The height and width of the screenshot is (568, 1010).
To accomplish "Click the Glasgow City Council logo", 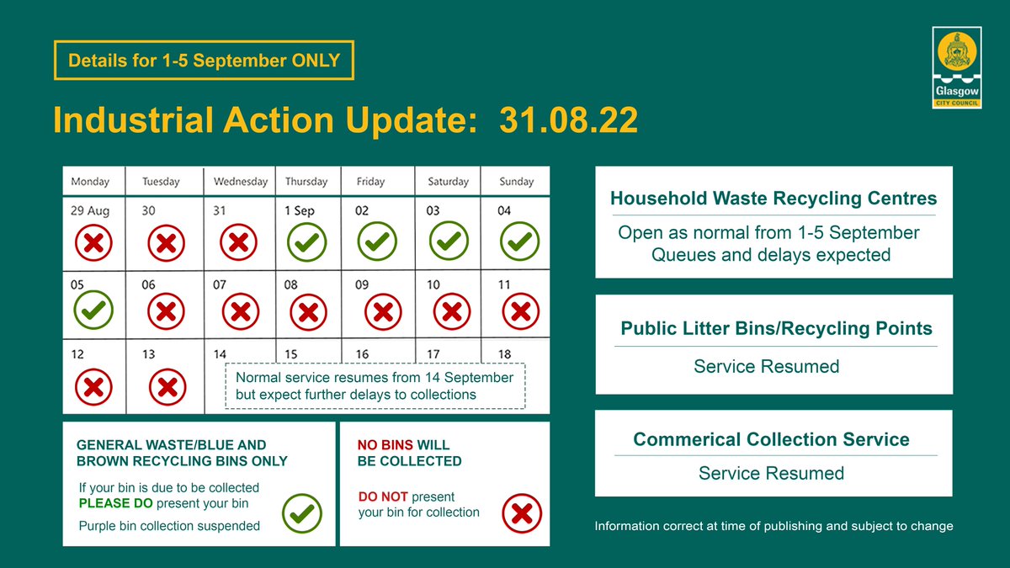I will [x=955, y=67].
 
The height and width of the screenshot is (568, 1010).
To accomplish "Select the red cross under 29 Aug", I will [x=94, y=244].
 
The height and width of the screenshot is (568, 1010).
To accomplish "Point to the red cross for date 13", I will [x=167, y=388].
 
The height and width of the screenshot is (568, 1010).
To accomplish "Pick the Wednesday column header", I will [x=240, y=181].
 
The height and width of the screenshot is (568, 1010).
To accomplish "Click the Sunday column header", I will [x=516, y=181].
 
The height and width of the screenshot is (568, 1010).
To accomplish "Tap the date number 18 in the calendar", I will [x=505, y=355].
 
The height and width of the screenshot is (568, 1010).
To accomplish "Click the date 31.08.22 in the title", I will [x=568, y=120].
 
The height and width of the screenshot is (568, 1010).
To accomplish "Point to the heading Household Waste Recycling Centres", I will [x=773, y=199].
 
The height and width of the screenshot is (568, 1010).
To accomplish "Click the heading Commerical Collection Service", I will [x=771, y=439].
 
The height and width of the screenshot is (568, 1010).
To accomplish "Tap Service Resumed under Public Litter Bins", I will [x=766, y=366].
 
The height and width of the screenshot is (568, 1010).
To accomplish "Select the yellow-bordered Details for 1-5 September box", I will [x=204, y=61].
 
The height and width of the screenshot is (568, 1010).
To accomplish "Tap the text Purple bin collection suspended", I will [x=169, y=526].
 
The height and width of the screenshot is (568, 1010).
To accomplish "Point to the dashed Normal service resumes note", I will [x=375, y=386].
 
